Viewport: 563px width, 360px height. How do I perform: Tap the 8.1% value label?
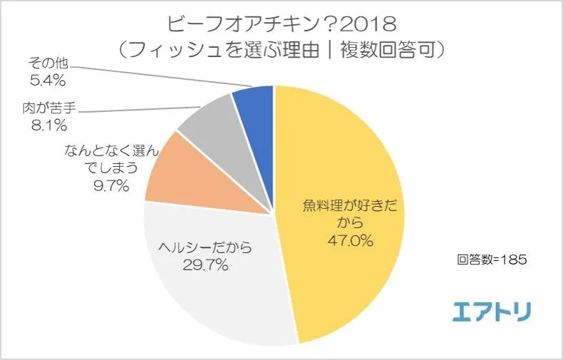pos(44,126)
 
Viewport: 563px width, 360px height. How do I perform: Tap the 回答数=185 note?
pos(492,260)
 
